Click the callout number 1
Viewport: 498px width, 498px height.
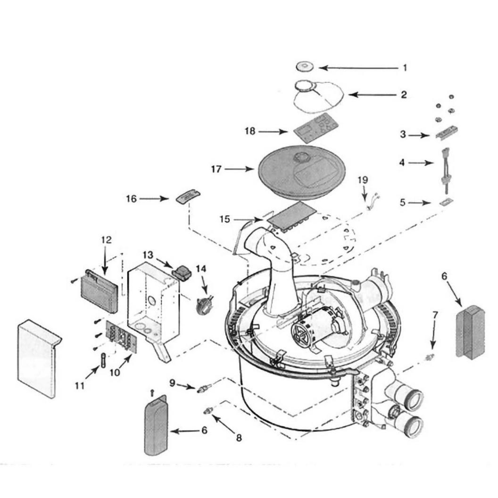click(405, 68)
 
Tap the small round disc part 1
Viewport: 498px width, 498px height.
click(305, 67)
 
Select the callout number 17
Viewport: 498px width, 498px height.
click(216, 169)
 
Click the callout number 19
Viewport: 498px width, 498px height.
click(363, 180)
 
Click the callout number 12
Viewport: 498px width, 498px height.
click(107, 240)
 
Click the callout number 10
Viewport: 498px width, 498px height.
click(115, 372)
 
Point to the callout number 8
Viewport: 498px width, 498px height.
click(239, 438)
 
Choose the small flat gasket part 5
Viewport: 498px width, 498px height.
click(446, 202)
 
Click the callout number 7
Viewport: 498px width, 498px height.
click(435, 315)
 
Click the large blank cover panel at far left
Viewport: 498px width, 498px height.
click(38, 359)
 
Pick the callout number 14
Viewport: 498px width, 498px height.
click(201, 269)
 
